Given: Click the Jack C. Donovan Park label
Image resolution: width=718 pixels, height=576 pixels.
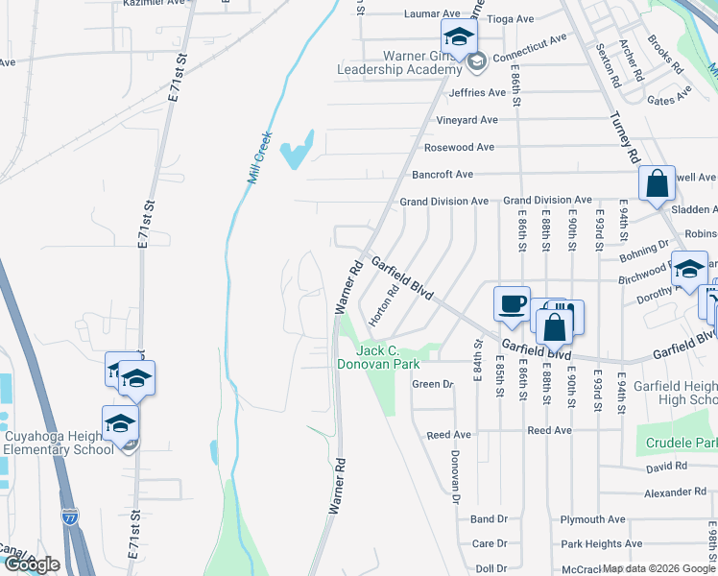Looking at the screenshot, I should [x=378, y=358].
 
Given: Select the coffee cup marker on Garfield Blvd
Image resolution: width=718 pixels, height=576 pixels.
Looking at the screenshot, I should [x=512, y=303].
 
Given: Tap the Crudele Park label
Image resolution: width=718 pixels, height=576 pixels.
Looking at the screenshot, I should [x=682, y=444].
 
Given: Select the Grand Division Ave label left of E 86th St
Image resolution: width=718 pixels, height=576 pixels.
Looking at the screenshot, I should [x=444, y=201].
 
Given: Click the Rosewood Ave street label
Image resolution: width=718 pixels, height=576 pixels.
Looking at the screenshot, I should [x=460, y=147].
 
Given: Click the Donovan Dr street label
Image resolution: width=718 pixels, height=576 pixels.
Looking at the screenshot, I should [x=455, y=477].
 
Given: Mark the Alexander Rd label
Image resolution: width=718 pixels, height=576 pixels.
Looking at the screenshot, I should [x=675, y=492].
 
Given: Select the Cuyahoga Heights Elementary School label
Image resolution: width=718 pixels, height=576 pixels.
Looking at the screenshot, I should [x=60, y=443].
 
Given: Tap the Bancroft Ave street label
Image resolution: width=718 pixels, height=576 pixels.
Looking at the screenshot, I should [x=443, y=175].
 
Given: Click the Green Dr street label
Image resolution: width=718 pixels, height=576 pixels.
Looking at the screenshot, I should [x=432, y=384].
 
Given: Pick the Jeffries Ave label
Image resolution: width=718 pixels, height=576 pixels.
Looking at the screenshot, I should [x=477, y=93].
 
